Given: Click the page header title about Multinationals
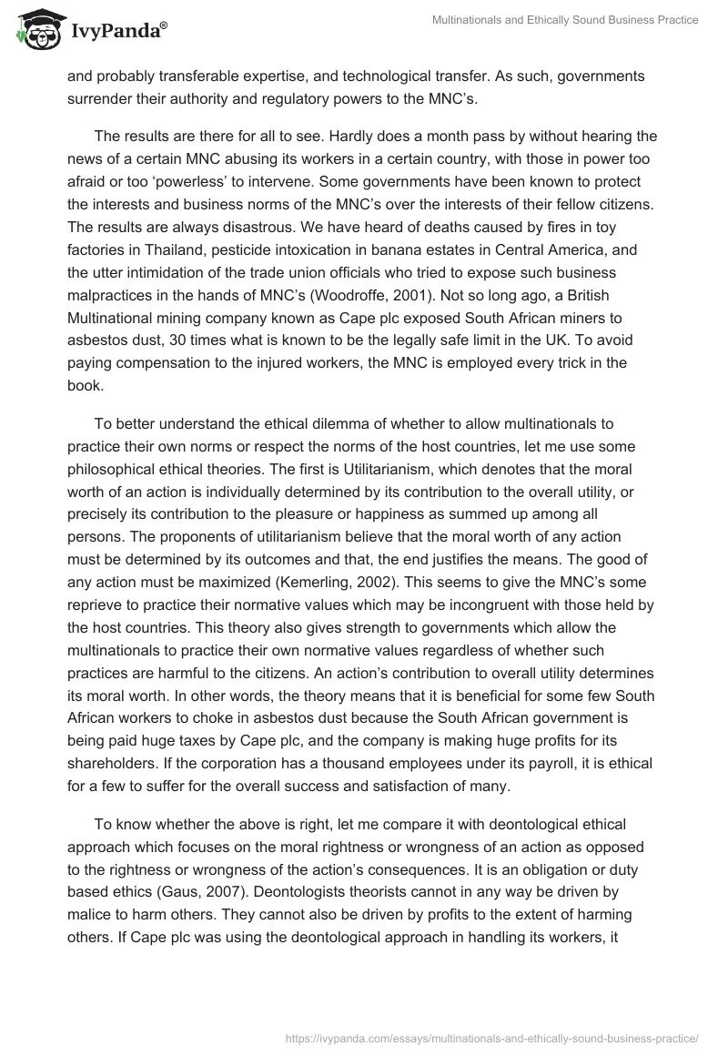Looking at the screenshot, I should (x=564, y=20).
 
